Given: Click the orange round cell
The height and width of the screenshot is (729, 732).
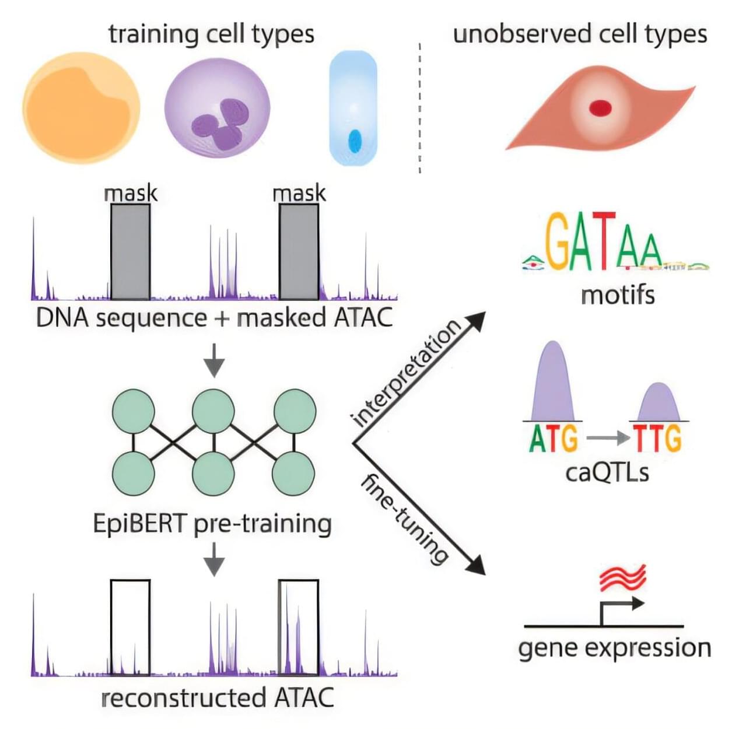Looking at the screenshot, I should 81,108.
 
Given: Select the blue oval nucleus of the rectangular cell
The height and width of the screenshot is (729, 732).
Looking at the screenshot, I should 355,141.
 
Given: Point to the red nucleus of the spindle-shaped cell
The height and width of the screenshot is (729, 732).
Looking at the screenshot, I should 600,108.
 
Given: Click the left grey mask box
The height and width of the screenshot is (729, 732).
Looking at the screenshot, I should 131,252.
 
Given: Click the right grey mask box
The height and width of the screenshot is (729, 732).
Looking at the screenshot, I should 299,252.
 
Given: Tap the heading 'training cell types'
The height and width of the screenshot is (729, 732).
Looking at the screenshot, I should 211,34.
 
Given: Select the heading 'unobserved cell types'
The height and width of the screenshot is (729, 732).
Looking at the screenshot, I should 580,34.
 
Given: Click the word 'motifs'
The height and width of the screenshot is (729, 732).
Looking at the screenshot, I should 618,295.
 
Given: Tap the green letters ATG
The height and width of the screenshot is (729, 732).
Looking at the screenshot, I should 553,439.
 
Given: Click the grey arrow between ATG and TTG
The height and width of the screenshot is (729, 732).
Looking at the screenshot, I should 607,437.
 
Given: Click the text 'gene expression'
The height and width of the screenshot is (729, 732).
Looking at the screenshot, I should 615,648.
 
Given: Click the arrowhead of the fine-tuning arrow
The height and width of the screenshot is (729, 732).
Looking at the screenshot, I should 477,565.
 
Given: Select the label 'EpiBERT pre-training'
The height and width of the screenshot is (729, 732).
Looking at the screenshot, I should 212,524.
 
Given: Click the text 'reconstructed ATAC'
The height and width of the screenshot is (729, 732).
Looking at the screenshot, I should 218,698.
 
